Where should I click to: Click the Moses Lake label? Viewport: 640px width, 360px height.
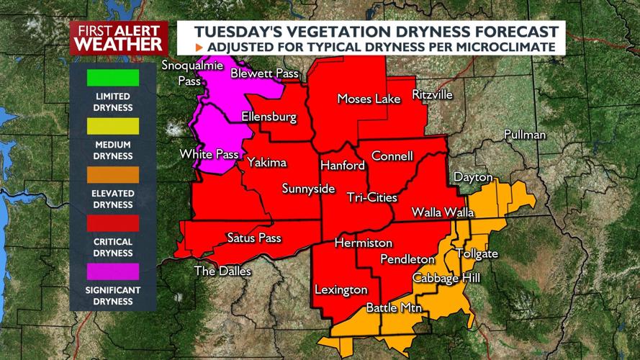(x=369, y=99)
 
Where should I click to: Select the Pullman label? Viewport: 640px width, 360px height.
(x=525, y=135)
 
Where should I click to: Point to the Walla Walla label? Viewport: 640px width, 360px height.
(x=443, y=212)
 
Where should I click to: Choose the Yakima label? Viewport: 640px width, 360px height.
(x=266, y=163)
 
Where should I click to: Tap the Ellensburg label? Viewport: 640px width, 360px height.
(x=269, y=117)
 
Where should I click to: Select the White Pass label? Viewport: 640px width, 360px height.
(x=208, y=153)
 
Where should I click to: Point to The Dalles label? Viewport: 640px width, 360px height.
(x=222, y=271)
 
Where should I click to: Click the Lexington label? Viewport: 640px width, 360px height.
(x=341, y=290)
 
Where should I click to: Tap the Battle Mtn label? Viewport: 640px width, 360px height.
(x=394, y=308)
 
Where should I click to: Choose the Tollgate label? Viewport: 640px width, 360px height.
(x=477, y=254)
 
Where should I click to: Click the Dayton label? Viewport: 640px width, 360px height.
(x=473, y=177)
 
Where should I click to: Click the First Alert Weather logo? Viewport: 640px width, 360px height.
(x=119, y=37)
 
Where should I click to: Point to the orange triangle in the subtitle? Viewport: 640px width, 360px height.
(x=199, y=47)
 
